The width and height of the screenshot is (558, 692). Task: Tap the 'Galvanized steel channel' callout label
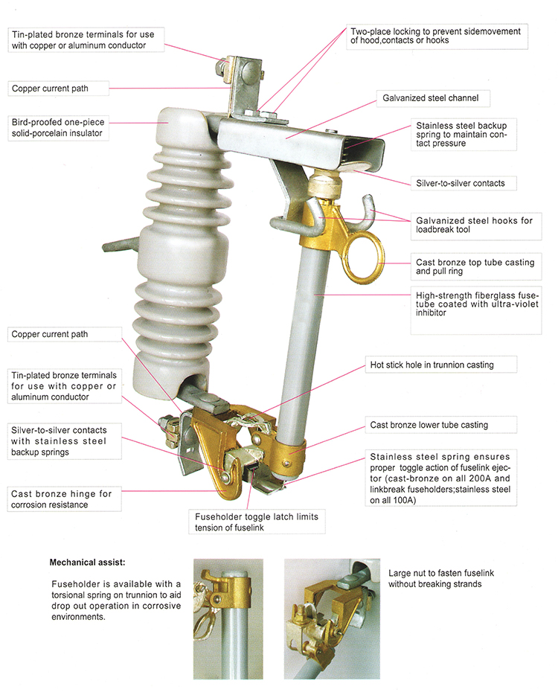click(430, 97)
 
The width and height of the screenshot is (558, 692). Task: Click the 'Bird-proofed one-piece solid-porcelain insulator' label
click(59, 127)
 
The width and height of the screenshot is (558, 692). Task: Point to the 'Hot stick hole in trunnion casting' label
click(432, 365)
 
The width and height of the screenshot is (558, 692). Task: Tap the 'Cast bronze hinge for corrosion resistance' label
click(61, 499)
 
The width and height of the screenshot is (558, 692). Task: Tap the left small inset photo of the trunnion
click(228, 618)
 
